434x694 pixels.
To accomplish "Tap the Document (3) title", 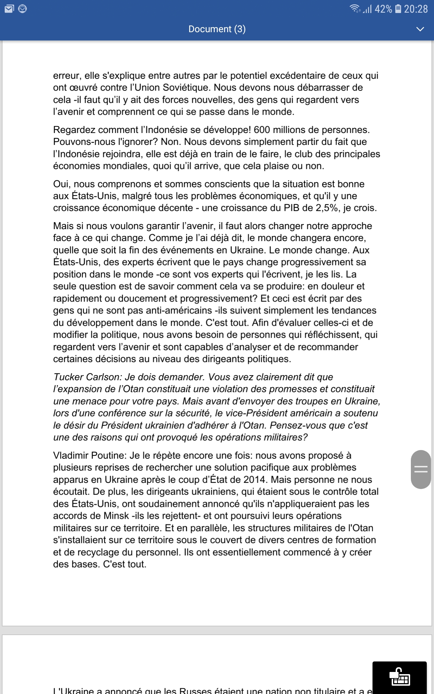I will [x=217, y=29].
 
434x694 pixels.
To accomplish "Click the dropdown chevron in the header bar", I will [x=420, y=29].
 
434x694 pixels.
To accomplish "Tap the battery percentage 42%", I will [x=383, y=9].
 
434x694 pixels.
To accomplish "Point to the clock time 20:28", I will [x=416, y=9].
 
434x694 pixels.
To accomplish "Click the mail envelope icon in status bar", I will [x=9, y=9].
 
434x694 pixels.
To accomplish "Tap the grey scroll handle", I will [x=421, y=470].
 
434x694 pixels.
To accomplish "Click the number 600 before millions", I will [x=262, y=130].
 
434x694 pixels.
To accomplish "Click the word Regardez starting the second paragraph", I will [x=74, y=130].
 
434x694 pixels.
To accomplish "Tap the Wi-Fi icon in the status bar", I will [x=355, y=9].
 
